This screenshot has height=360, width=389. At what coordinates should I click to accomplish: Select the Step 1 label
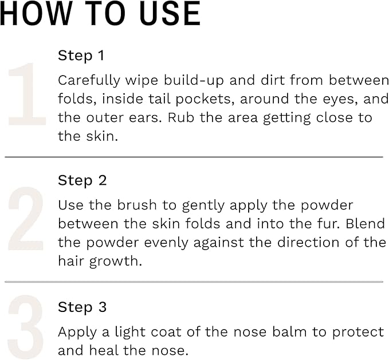[81, 56]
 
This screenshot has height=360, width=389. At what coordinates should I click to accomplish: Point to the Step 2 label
[82, 181]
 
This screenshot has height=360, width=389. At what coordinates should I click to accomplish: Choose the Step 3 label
[82, 307]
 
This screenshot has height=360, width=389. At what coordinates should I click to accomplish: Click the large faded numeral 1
[27, 94]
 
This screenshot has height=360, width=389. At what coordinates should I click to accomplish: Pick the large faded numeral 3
[26, 327]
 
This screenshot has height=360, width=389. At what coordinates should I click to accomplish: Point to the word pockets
[208, 99]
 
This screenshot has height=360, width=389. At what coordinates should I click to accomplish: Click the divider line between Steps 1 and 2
[194, 156]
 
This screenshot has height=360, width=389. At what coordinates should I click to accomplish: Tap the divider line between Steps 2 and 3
[194, 282]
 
